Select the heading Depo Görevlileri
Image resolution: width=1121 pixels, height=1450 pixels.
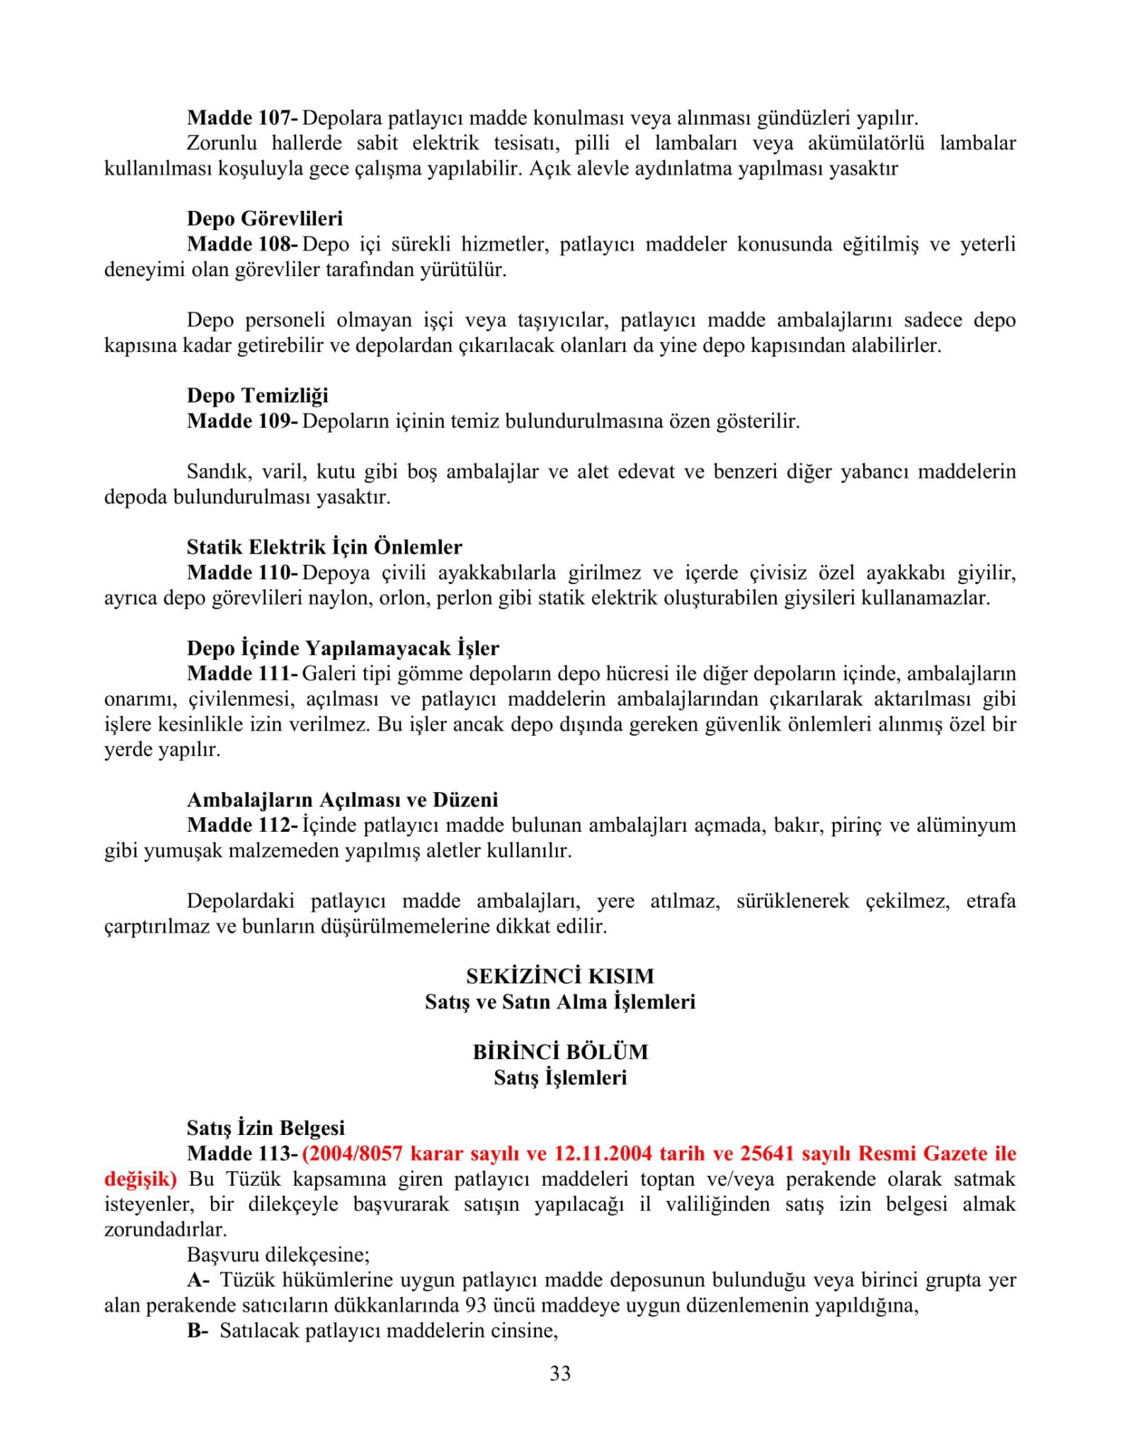(x=264, y=218)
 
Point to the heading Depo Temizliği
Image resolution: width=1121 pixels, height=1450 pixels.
(x=257, y=395)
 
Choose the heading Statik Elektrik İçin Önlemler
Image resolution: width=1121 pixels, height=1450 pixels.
(x=324, y=547)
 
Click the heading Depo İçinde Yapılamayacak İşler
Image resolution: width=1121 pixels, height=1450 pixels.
(x=343, y=648)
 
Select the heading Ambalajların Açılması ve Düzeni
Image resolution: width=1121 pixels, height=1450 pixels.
(x=342, y=799)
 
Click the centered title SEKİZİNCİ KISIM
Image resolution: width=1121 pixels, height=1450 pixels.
(x=560, y=976)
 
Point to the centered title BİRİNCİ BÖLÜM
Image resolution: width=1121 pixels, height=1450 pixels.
(x=560, y=1052)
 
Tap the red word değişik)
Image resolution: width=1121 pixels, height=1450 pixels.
(x=140, y=1180)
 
